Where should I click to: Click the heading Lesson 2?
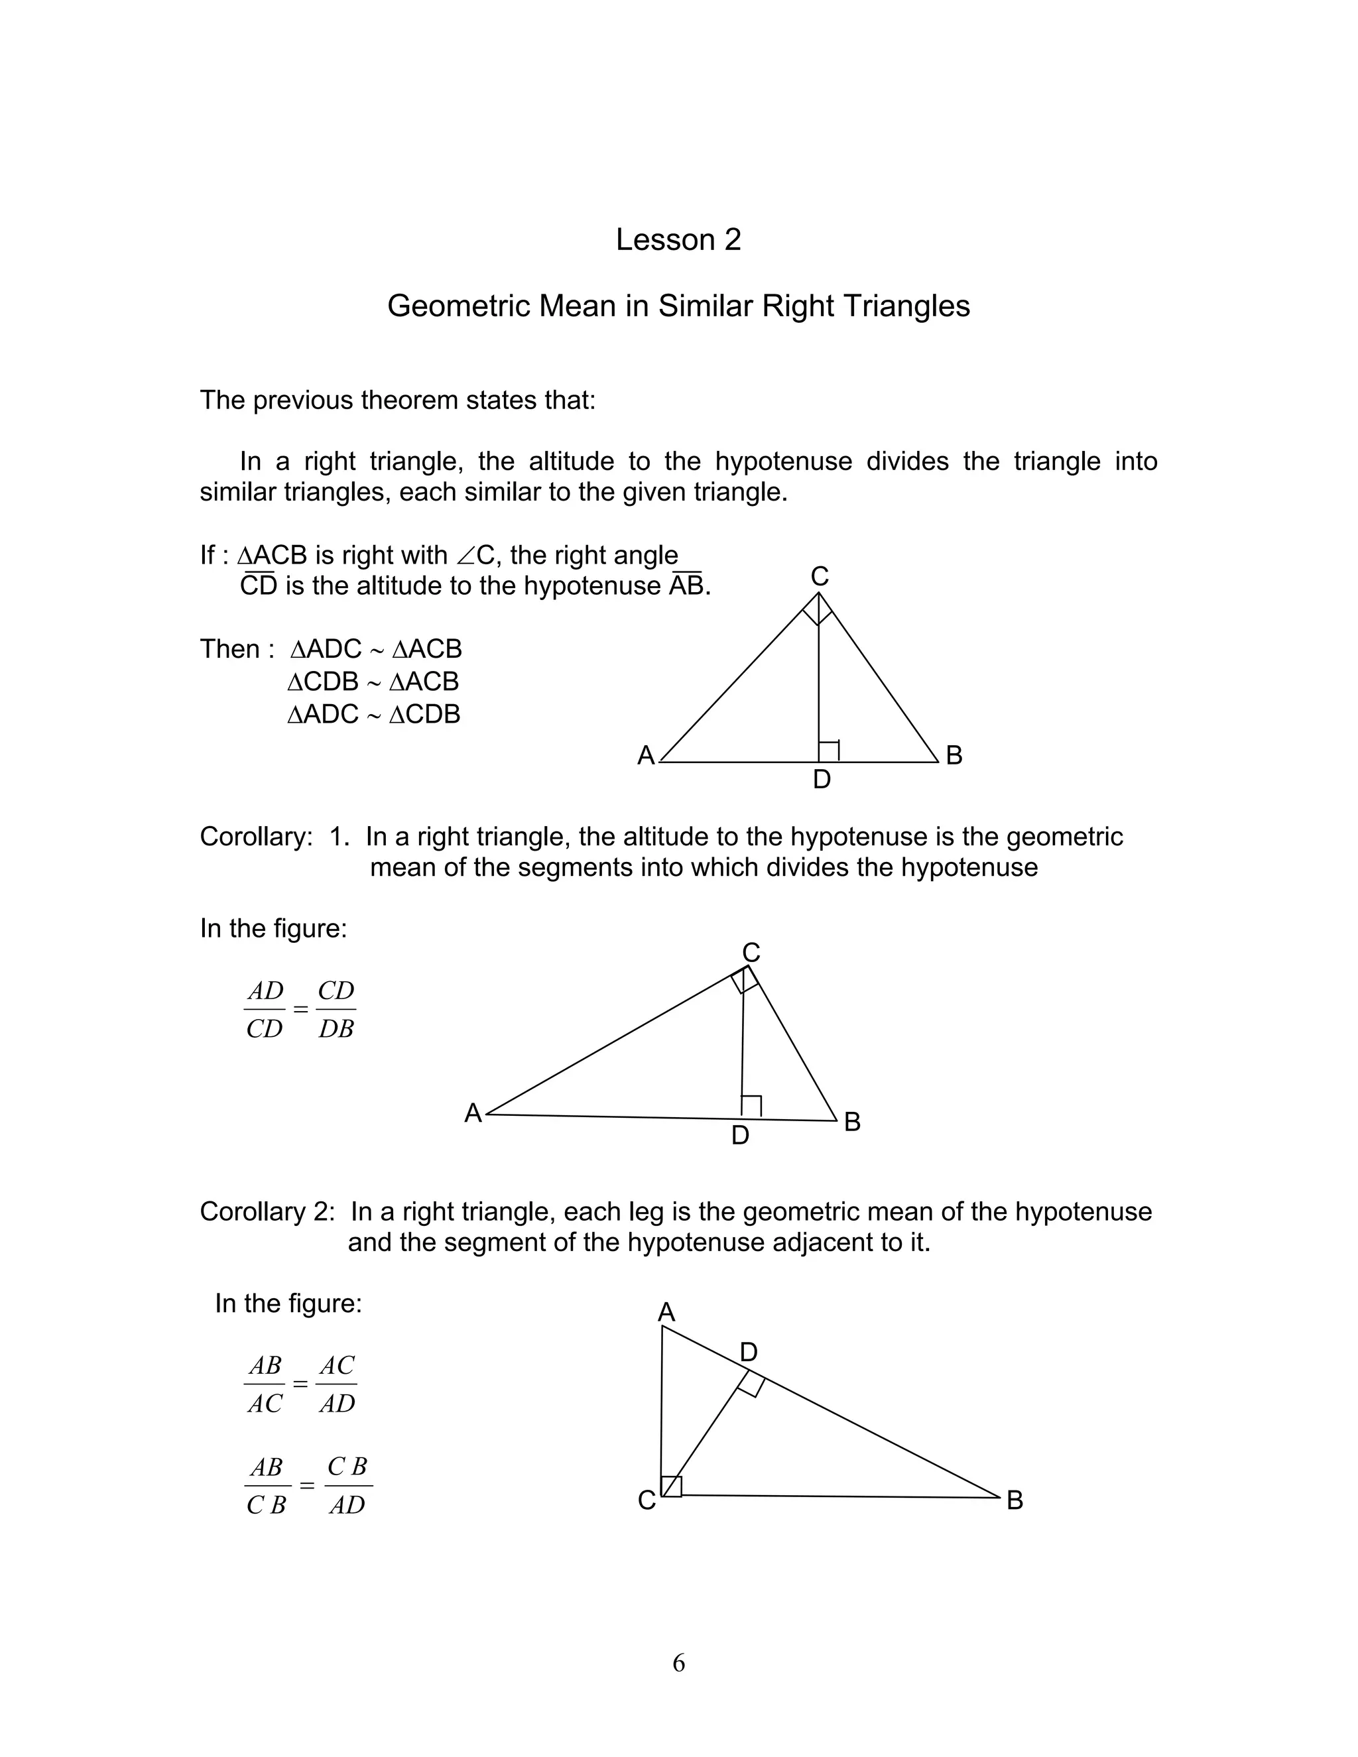(678, 240)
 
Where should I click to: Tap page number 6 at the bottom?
(678, 1662)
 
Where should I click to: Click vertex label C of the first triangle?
(819, 576)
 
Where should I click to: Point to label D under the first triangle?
(822, 779)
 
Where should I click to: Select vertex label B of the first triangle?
(954, 755)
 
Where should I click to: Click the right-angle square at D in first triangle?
(829, 751)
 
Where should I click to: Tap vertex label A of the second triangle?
(473, 1113)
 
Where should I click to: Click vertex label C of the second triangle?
(751, 953)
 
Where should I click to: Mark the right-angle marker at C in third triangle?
(672, 1486)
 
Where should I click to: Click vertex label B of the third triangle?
(1015, 1500)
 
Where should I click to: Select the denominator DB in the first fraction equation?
(336, 1029)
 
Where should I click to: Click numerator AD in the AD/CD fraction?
(265, 991)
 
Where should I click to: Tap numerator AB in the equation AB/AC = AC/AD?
(265, 1365)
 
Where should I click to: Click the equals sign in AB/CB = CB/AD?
(306, 1485)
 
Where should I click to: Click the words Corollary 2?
(267, 1211)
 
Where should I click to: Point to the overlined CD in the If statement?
(258, 585)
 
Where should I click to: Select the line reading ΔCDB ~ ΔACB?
(373, 682)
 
